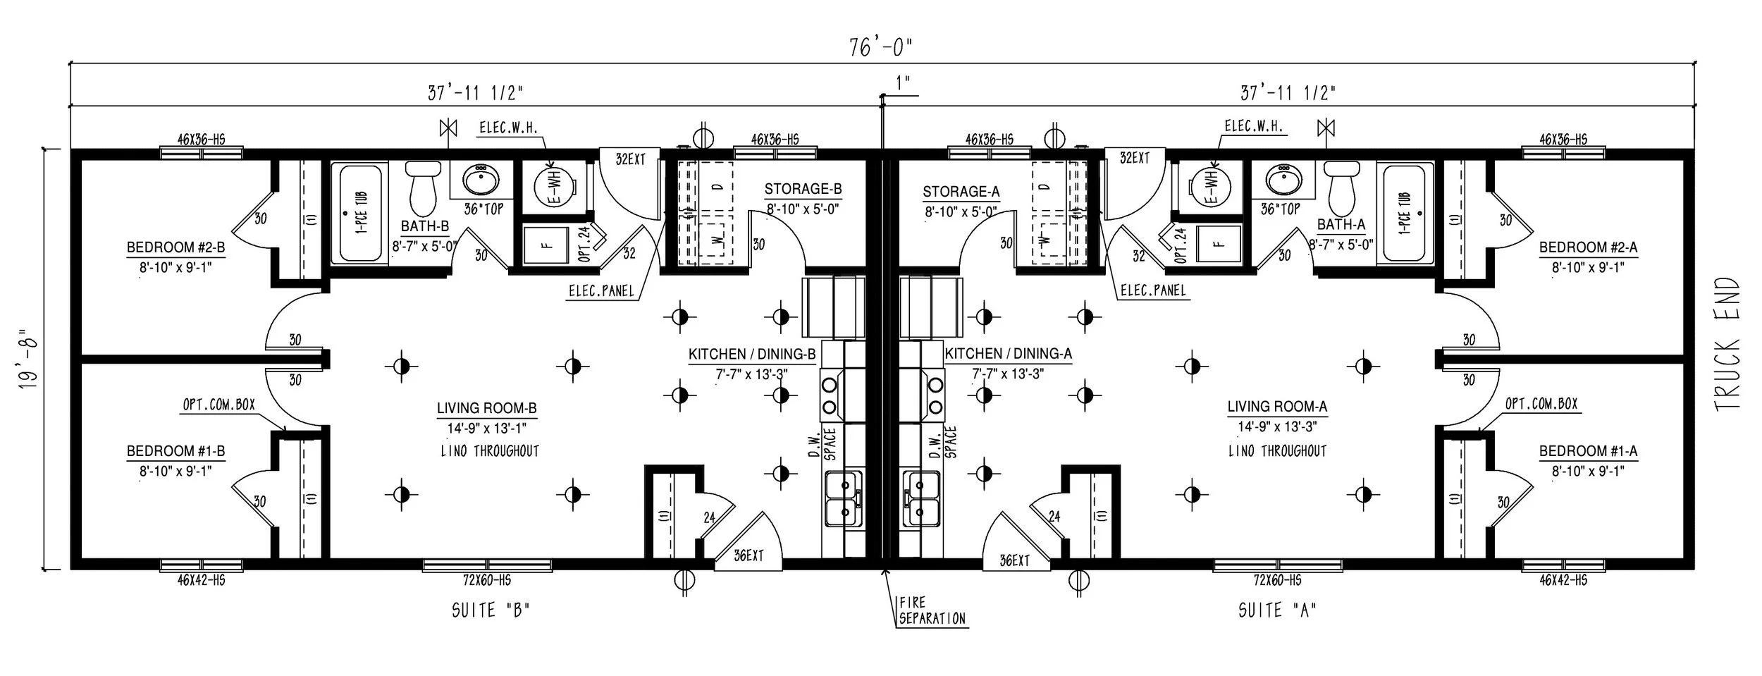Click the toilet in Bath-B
pyautogui.click(x=424, y=188)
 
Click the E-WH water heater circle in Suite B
pyautogui.click(x=554, y=188)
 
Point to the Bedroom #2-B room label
pyautogui.click(x=175, y=247)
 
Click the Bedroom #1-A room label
pyautogui.click(x=1588, y=451)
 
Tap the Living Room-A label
pyautogui.click(x=1277, y=407)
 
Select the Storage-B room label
pyautogui.click(x=803, y=189)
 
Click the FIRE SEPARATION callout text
pyautogui.click(x=931, y=610)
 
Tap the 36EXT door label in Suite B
pyautogui.click(x=748, y=556)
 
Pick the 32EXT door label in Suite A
pyautogui.click(x=1134, y=159)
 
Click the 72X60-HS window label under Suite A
pyautogui.click(x=1276, y=581)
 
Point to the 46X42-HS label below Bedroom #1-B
pyautogui.click(x=201, y=581)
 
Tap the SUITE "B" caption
pyautogui.click(x=490, y=610)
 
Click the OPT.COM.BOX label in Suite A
pyautogui.click(x=1541, y=404)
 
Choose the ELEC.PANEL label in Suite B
pyautogui.click(x=601, y=290)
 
